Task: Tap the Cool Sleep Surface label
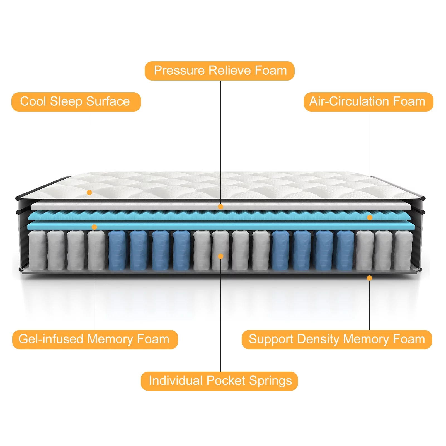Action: pos(76,102)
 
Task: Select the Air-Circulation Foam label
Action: pos(368,102)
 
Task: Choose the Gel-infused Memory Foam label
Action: pos(95,340)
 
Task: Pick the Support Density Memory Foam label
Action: pos(336,340)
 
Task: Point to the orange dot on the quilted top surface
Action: pos(89,192)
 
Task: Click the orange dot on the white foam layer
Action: pos(220,207)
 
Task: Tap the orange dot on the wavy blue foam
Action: pos(370,217)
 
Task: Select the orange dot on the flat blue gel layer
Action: pos(94,227)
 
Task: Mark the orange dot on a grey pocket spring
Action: pos(220,256)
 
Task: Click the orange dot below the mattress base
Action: pos(369,278)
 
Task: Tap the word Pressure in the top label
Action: pos(179,71)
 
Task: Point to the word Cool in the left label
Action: pos(33,102)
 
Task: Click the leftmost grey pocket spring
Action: pos(37,250)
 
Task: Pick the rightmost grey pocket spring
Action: pos(403,250)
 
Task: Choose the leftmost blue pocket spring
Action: pos(117,250)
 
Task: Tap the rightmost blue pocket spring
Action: pos(345,250)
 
